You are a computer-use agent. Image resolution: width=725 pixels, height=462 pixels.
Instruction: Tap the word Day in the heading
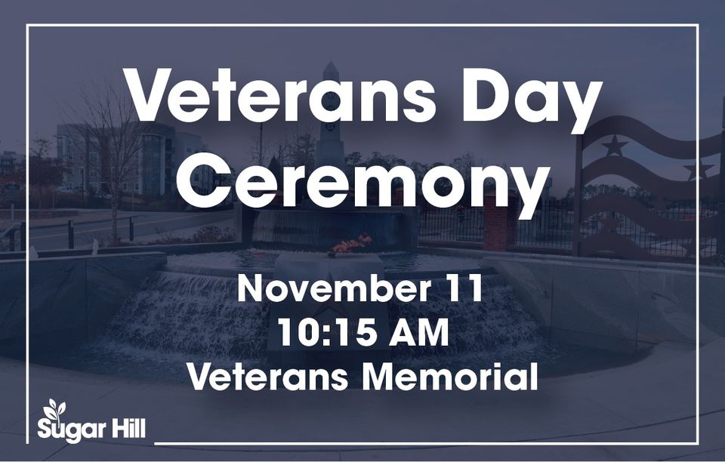(x=533, y=100)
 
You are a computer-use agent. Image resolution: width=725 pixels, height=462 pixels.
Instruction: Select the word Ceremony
(x=362, y=178)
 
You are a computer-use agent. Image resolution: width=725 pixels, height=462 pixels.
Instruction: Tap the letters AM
(x=418, y=333)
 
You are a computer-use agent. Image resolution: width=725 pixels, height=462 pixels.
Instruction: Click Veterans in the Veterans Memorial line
(x=267, y=377)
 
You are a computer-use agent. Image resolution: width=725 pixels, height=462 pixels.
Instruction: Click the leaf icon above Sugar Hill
(x=54, y=409)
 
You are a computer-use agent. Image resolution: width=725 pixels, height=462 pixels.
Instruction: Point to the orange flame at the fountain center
(x=351, y=244)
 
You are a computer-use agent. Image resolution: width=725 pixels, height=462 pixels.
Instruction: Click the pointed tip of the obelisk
(x=330, y=62)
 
